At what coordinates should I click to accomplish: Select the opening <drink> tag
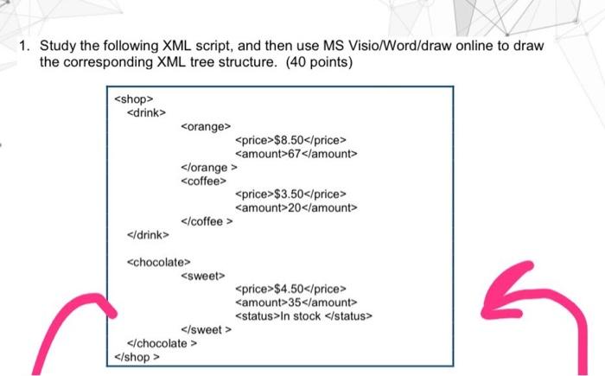(147, 112)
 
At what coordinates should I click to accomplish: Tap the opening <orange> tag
(205, 127)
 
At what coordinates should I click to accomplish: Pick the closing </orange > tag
(209, 168)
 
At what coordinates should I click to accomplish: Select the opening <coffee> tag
(203, 181)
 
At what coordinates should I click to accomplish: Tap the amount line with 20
(296, 207)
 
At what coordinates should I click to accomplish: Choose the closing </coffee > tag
(207, 221)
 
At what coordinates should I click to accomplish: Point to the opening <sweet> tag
(202, 275)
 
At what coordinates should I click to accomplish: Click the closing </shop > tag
(137, 355)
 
